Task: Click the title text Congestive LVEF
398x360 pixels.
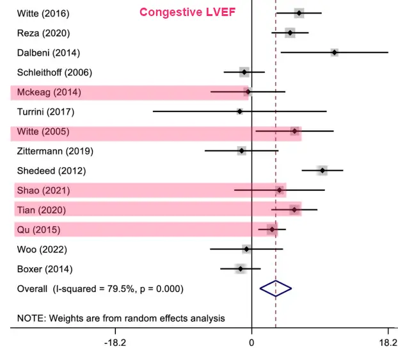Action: pyautogui.click(x=187, y=12)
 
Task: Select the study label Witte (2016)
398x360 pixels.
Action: pyautogui.click(x=43, y=13)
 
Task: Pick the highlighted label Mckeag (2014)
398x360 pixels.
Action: pyautogui.click(x=49, y=92)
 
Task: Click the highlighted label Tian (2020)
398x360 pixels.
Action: pyautogui.click(x=41, y=210)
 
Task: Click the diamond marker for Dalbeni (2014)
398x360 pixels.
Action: pyautogui.click(x=334, y=52)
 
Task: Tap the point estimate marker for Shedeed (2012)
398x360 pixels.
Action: pyautogui.click(x=322, y=170)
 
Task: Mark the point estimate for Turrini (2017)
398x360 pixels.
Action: pyautogui.click(x=240, y=111)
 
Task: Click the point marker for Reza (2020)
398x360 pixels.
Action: pyautogui.click(x=290, y=33)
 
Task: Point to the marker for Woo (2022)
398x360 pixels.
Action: pyautogui.click(x=246, y=249)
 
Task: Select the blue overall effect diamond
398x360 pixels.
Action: pyautogui.click(x=276, y=288)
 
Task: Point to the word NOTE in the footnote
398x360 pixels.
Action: pyautogui.click(x=30, y=318)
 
